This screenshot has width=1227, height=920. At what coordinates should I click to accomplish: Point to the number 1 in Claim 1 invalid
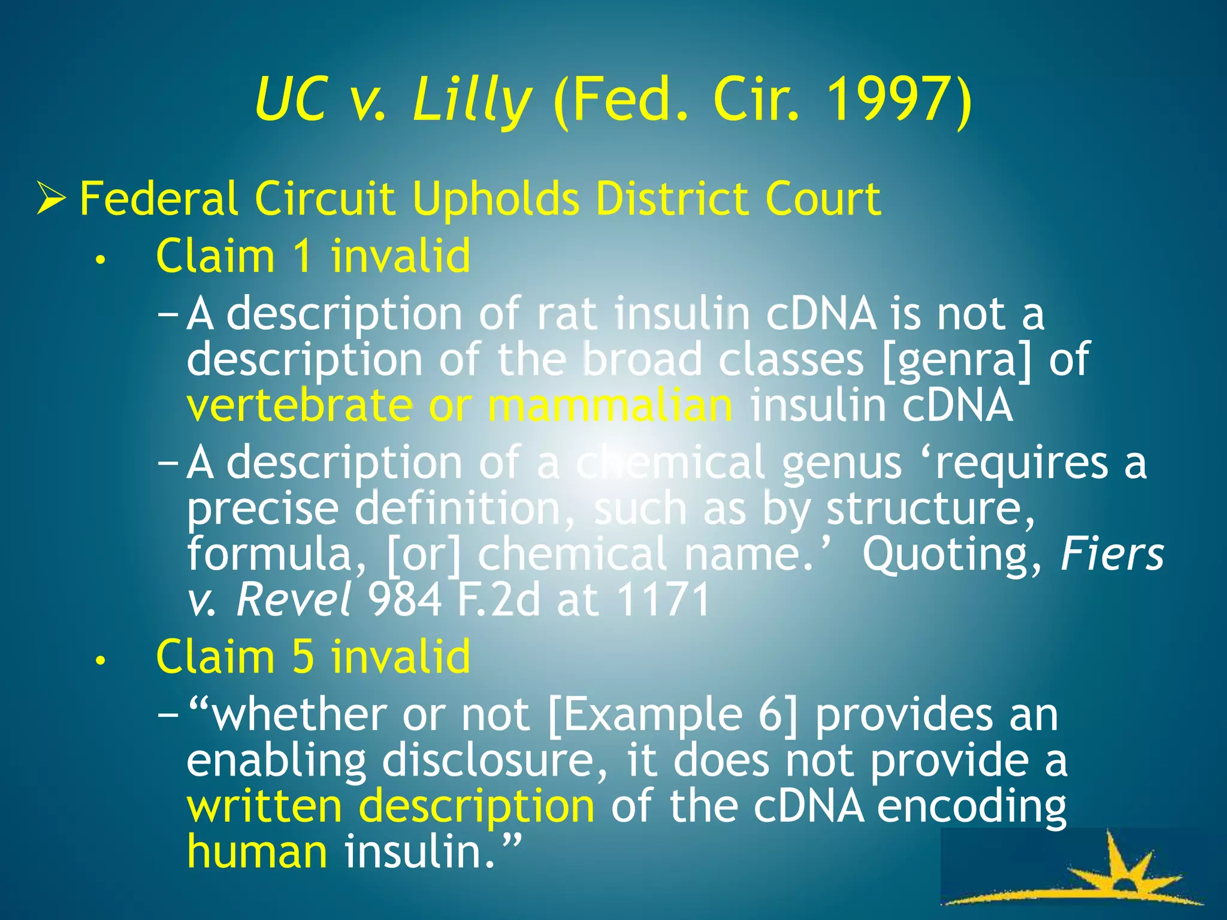tap(304, 256)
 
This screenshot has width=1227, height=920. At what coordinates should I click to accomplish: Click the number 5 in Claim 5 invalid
tap(304, 657)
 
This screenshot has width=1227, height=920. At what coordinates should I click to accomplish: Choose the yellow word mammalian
tap(610, 405)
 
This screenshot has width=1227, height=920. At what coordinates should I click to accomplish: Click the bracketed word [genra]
tap(957, 359)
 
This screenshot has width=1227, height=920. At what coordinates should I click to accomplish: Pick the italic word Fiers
tap(1112, 554)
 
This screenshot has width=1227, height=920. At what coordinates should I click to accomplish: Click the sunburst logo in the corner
tap(1078, 874)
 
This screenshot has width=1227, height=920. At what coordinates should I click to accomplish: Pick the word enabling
tap(276, 761)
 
